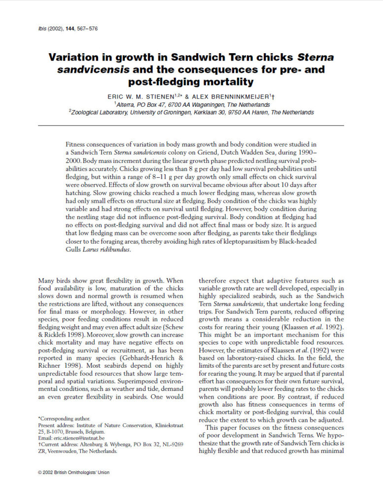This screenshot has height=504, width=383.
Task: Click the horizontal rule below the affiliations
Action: pyautogui.click(x=191, y=126)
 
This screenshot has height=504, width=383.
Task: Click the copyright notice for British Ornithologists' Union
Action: pyautogui.click(x=74, y=472)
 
